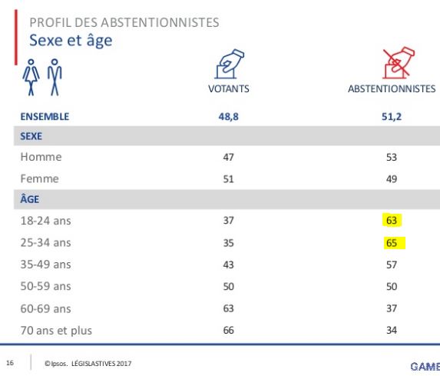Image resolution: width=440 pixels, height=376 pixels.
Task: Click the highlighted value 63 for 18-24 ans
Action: click(392, 221)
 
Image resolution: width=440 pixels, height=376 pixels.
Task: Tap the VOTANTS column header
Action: click(228, 88)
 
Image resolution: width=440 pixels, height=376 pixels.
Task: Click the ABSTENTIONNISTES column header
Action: click(392, 88)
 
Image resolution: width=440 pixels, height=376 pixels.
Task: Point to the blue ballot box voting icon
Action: click(230, 64)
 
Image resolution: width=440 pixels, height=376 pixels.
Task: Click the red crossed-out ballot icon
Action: click(399, 63)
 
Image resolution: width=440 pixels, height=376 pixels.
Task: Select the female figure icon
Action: click(31, 78)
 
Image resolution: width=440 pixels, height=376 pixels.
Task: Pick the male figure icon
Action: click(55, 78)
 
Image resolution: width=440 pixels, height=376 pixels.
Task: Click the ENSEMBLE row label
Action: click(45, 117)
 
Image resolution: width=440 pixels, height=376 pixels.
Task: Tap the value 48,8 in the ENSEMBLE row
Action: click(228, 117)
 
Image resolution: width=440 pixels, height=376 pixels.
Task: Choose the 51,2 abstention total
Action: click(392, 117)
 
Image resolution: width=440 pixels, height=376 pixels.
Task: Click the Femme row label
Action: click(40, 178)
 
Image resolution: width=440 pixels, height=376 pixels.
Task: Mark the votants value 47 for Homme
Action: click(228, 157)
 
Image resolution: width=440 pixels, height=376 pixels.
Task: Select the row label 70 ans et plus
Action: click(56, 331)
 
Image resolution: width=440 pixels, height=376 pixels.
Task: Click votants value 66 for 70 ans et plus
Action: click(228, 330)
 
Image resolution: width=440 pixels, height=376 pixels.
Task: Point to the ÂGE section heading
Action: click(30, 199)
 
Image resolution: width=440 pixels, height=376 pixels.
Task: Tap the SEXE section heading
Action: click(31, 136)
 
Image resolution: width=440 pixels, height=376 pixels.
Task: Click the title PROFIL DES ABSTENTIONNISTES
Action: click(124, 22)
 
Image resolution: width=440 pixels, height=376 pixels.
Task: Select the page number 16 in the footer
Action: click(10, 363)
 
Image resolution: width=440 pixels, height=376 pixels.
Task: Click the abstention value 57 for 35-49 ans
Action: click(392, 265)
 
